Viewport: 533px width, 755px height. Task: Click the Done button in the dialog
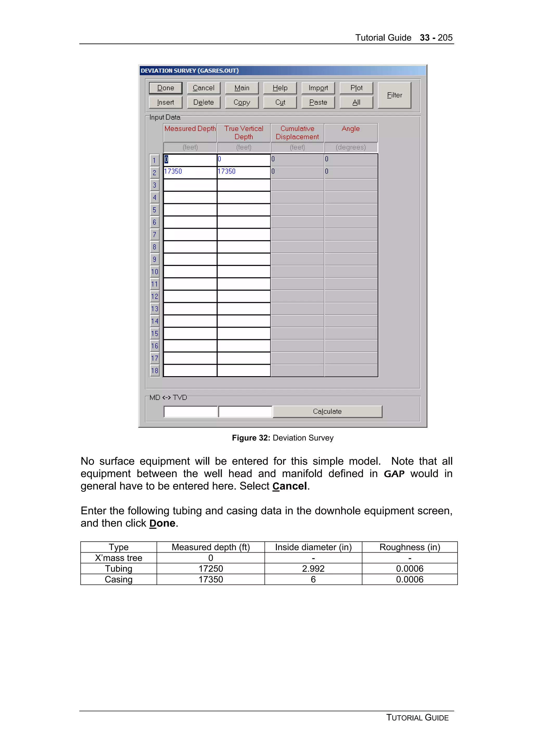pyautogui.click(x=166, y=88)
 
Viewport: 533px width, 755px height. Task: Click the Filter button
pyautogui.click(x=394, y=95)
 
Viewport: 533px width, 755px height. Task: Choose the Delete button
pyautogui.click(x=203, y=102)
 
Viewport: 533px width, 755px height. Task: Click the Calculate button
pyautogui.click(x=327, y=411)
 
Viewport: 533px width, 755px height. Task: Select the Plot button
pyautogui.click(x=356, y=88)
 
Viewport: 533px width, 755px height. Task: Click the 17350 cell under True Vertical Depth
pyautogui.click(x=243, y=172)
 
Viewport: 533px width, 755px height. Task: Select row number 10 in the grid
pyautogui.click(x=154, y=272)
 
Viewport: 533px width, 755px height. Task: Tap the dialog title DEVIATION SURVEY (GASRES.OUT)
pyautogui.click(x=190, y=71)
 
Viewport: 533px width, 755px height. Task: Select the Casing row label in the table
pyautogui.click(x=119, y=579)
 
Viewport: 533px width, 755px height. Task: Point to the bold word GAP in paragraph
pyautogui.click(x=394, y=474)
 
